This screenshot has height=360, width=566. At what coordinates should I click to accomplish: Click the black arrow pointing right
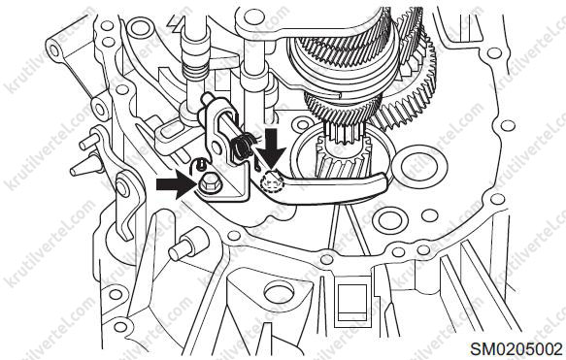176,184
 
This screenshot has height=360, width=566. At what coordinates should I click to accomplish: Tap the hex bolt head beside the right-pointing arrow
207,185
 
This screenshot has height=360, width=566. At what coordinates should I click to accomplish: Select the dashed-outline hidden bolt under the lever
273,182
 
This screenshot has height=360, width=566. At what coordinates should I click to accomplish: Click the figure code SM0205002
516,349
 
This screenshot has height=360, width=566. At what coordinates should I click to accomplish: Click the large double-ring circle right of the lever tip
419,167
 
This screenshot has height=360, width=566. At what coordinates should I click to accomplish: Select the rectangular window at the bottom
351,303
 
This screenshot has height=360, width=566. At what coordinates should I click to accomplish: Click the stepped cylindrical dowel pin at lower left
187,246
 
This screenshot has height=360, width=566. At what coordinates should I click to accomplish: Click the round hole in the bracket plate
216,147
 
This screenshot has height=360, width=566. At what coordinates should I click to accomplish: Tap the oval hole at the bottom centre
279,292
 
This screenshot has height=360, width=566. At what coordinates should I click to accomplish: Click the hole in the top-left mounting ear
53,50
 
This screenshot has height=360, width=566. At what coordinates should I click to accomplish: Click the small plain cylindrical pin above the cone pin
88,141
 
